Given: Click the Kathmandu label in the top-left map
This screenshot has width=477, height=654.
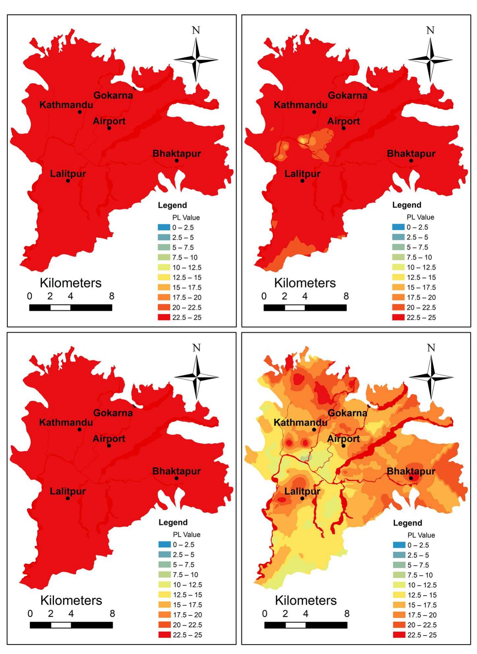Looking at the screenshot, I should coord(66,105).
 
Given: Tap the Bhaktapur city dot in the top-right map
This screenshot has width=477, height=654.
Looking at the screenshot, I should coord(411,161).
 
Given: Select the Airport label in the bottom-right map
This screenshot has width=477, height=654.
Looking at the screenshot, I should coord(343,439).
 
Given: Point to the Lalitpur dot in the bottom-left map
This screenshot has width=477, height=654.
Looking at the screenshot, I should coord(67,498).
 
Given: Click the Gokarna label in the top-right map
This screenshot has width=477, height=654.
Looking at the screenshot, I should coord(347,95).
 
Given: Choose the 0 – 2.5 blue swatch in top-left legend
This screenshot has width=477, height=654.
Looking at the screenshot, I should coord(164,227).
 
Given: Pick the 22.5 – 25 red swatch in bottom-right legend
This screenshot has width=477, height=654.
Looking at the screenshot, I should coord(399,635).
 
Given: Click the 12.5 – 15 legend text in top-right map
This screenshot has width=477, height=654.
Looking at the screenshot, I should coord(421,277).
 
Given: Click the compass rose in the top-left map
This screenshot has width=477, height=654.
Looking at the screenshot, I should coord(196,60).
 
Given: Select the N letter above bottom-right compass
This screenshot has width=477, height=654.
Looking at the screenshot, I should coord(431,348).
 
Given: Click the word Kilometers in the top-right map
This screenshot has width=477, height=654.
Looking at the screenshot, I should coord(305,283).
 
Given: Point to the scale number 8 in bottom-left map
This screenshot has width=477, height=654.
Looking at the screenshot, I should coord(112,613).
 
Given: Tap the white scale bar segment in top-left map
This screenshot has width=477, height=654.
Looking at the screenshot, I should coord(60,308).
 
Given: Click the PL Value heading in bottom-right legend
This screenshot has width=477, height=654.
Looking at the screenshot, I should coord(421,535).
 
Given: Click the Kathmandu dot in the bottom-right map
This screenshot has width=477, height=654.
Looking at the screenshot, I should coord(314,429).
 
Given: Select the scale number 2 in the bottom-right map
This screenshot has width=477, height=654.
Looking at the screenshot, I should coord(285,613).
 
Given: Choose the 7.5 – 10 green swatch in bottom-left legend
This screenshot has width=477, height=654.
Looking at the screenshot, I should coord(164,575).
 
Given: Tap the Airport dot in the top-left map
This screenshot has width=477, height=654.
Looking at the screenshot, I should coord(109,128).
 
